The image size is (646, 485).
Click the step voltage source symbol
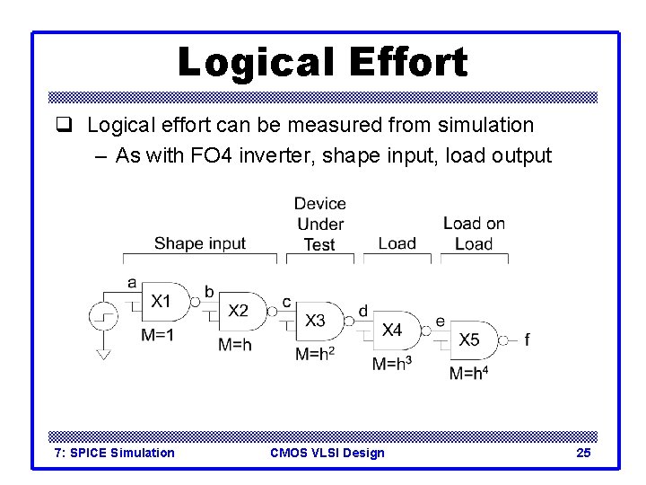[103, 317]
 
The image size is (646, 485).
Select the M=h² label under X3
[316, 354]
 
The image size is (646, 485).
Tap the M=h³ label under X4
[392, 364]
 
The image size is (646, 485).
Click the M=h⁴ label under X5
[468, 373]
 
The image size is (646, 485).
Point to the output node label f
[527, 339]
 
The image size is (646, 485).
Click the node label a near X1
[132, 283]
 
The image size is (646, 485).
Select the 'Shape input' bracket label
[199, 243]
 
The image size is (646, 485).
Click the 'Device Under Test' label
[319, 225]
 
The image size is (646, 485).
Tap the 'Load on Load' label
[473, 234]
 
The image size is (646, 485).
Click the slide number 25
[583, 453]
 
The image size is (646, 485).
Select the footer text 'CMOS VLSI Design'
[327, 453]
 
